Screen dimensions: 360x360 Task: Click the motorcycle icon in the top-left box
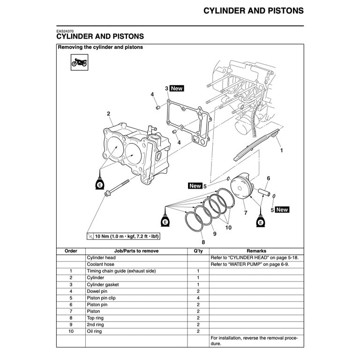click(79, 62)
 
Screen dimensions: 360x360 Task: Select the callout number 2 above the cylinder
click(108, 113)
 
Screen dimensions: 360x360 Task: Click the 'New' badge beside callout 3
click(177, 88)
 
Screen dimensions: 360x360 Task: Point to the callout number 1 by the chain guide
click(281, 151)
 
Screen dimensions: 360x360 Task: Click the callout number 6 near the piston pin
click(268, 179)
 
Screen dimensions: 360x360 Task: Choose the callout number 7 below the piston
click(245, 213)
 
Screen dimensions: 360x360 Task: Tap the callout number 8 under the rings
click(203, 242)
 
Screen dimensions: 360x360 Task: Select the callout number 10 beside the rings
click(228, 227)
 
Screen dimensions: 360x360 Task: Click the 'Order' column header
click(71, 251)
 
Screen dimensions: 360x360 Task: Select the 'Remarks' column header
click(256, 251)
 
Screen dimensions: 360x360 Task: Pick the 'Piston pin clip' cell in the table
click(101, 298)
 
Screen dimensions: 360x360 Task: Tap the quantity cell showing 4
click(198, 298)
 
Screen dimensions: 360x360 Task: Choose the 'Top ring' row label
click(96, 318)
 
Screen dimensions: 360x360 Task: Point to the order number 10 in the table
click(71, 331)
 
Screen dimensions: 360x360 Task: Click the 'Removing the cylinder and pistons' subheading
click(100, 47)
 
